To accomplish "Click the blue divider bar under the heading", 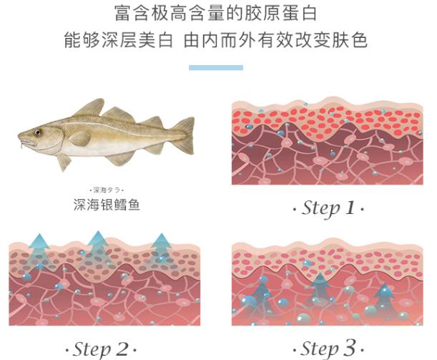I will pyautogui.click(x=215, y=67).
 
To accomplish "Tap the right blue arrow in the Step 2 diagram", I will pyautogui.click(x=162, y=244).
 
